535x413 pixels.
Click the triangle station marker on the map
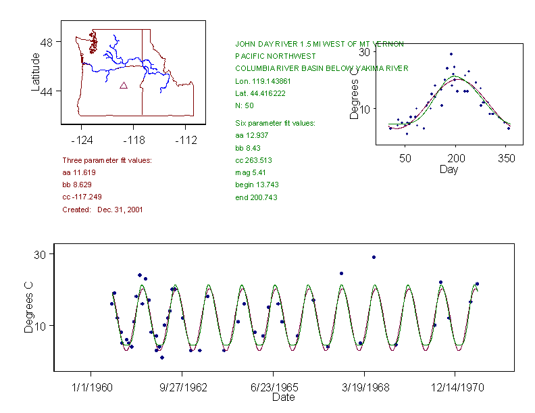(x=124, y=85)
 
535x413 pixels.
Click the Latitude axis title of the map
(x=36, y=72)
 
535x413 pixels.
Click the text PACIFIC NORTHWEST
(x=276, y=56)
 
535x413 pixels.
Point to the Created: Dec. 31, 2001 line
(x=103, y=210)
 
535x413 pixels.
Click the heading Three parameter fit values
(x=107, y=160)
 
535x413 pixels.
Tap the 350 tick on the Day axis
(x=506, y=158)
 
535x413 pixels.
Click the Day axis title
(x=449, y=170)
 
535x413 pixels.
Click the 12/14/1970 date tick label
(x=455, y=388)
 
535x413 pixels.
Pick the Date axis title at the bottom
(x=283, y=397)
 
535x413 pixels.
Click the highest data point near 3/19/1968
(x=374, y=257)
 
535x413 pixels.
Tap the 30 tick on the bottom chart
(x=39, y=254)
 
